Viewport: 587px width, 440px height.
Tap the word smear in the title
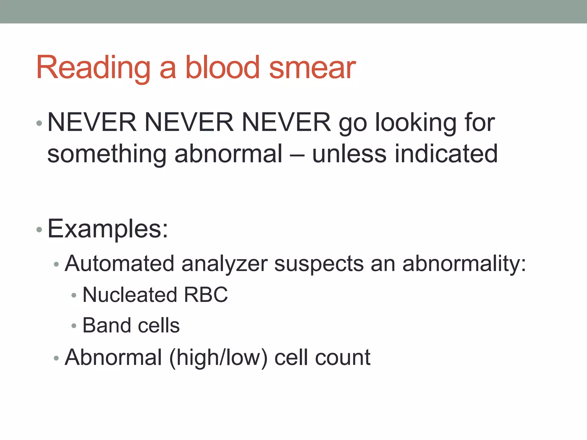(x=312, y=68)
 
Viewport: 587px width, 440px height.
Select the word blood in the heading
(x=222, y=68)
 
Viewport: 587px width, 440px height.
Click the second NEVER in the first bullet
(x=189, y=123)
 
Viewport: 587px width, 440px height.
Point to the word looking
(x=416, y=123)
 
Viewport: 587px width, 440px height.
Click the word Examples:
(x=108, y=229)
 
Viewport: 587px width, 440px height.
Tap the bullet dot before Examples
(x=39, y=229)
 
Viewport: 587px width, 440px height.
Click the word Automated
(x=120, y=264)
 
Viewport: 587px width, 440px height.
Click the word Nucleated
(x=130, y=295)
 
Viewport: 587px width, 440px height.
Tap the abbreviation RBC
(x=206, y=295)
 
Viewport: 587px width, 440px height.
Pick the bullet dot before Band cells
(x=74, y=326)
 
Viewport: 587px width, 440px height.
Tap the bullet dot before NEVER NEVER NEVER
(x=39, y=123)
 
